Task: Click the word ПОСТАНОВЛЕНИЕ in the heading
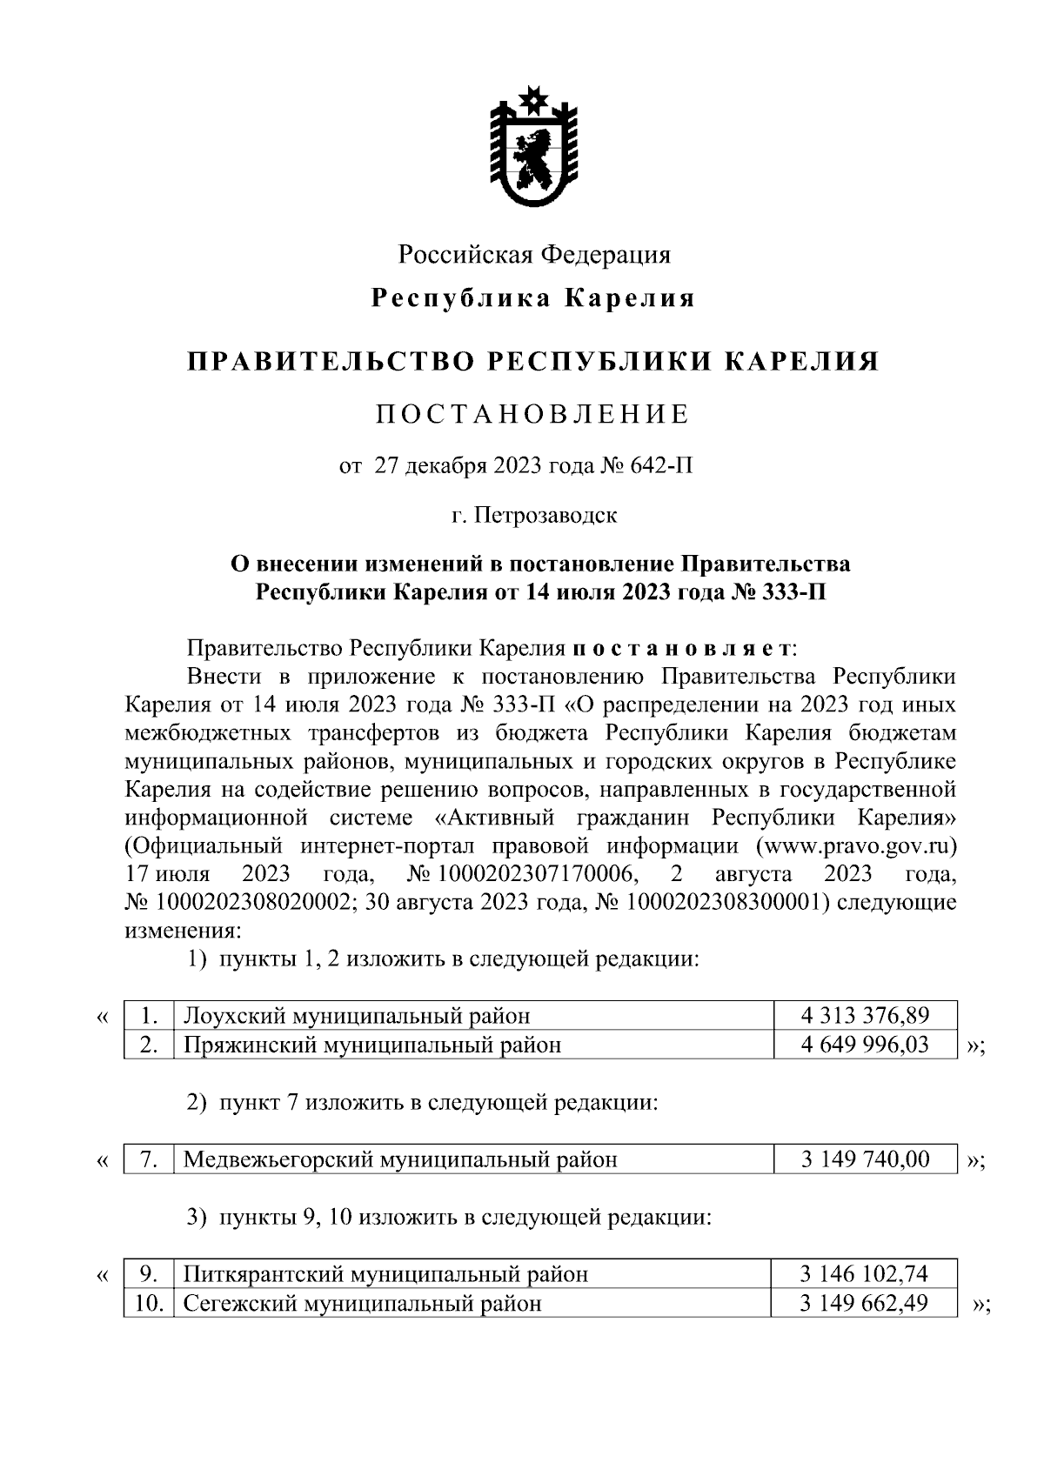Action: click(x=532, y=414)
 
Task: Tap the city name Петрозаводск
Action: click(x=546, y=515)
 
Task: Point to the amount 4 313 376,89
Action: click(x=865, y=1015)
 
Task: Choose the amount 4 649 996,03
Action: click(x=865, y=1044)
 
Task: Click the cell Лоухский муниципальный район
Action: click(x=357, y=1016)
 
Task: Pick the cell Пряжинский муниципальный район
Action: click(x=372, y=1045)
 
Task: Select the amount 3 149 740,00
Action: click(x=865, y=1159)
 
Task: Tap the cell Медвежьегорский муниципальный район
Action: click(x=400, y=1159)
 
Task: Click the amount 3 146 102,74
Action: click(x=864, y=1274)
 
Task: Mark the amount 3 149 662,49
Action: click(x=864, y=1303)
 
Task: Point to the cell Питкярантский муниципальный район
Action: click(x=385, y=1275)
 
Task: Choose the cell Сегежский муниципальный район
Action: click(x=362, y=1304)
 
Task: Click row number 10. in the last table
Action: click(x=150, y=1303)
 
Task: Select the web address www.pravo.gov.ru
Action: click(x=856, y=845)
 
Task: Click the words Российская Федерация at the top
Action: click(x=534, y=255)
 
